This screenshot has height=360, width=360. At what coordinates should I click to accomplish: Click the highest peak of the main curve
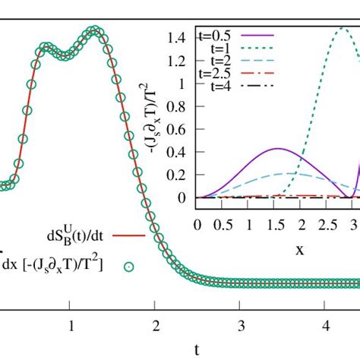93,30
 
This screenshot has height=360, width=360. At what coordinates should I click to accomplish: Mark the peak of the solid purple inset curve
278,149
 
